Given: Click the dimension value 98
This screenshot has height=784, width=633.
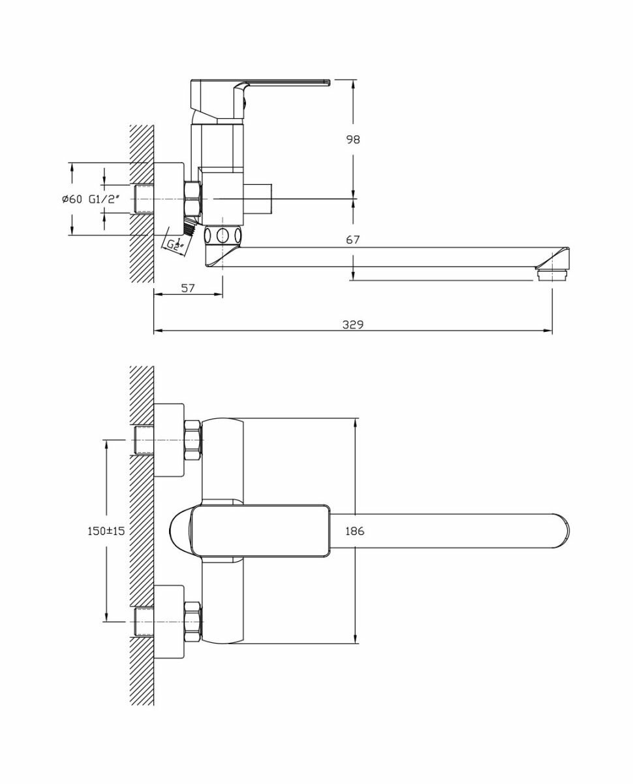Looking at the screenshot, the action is (353, 139).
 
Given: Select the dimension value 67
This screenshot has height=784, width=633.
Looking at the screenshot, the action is (353, 240).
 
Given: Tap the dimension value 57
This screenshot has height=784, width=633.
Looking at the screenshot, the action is (188, 287).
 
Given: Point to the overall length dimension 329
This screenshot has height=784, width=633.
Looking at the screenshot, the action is (353, 325).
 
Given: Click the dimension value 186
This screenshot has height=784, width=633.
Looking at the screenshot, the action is (355, 531).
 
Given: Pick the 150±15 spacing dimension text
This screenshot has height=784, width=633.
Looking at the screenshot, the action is (106, 531).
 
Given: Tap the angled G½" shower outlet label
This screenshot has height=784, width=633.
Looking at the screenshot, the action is (174, 246).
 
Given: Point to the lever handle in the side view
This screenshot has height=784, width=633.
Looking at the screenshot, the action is (287, 82).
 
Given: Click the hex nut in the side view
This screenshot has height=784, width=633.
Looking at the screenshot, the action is (193, 199).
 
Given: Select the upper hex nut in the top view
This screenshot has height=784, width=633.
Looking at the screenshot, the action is (193, 438).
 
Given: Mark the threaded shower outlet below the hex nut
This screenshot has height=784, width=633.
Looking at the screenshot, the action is (190, 227).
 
